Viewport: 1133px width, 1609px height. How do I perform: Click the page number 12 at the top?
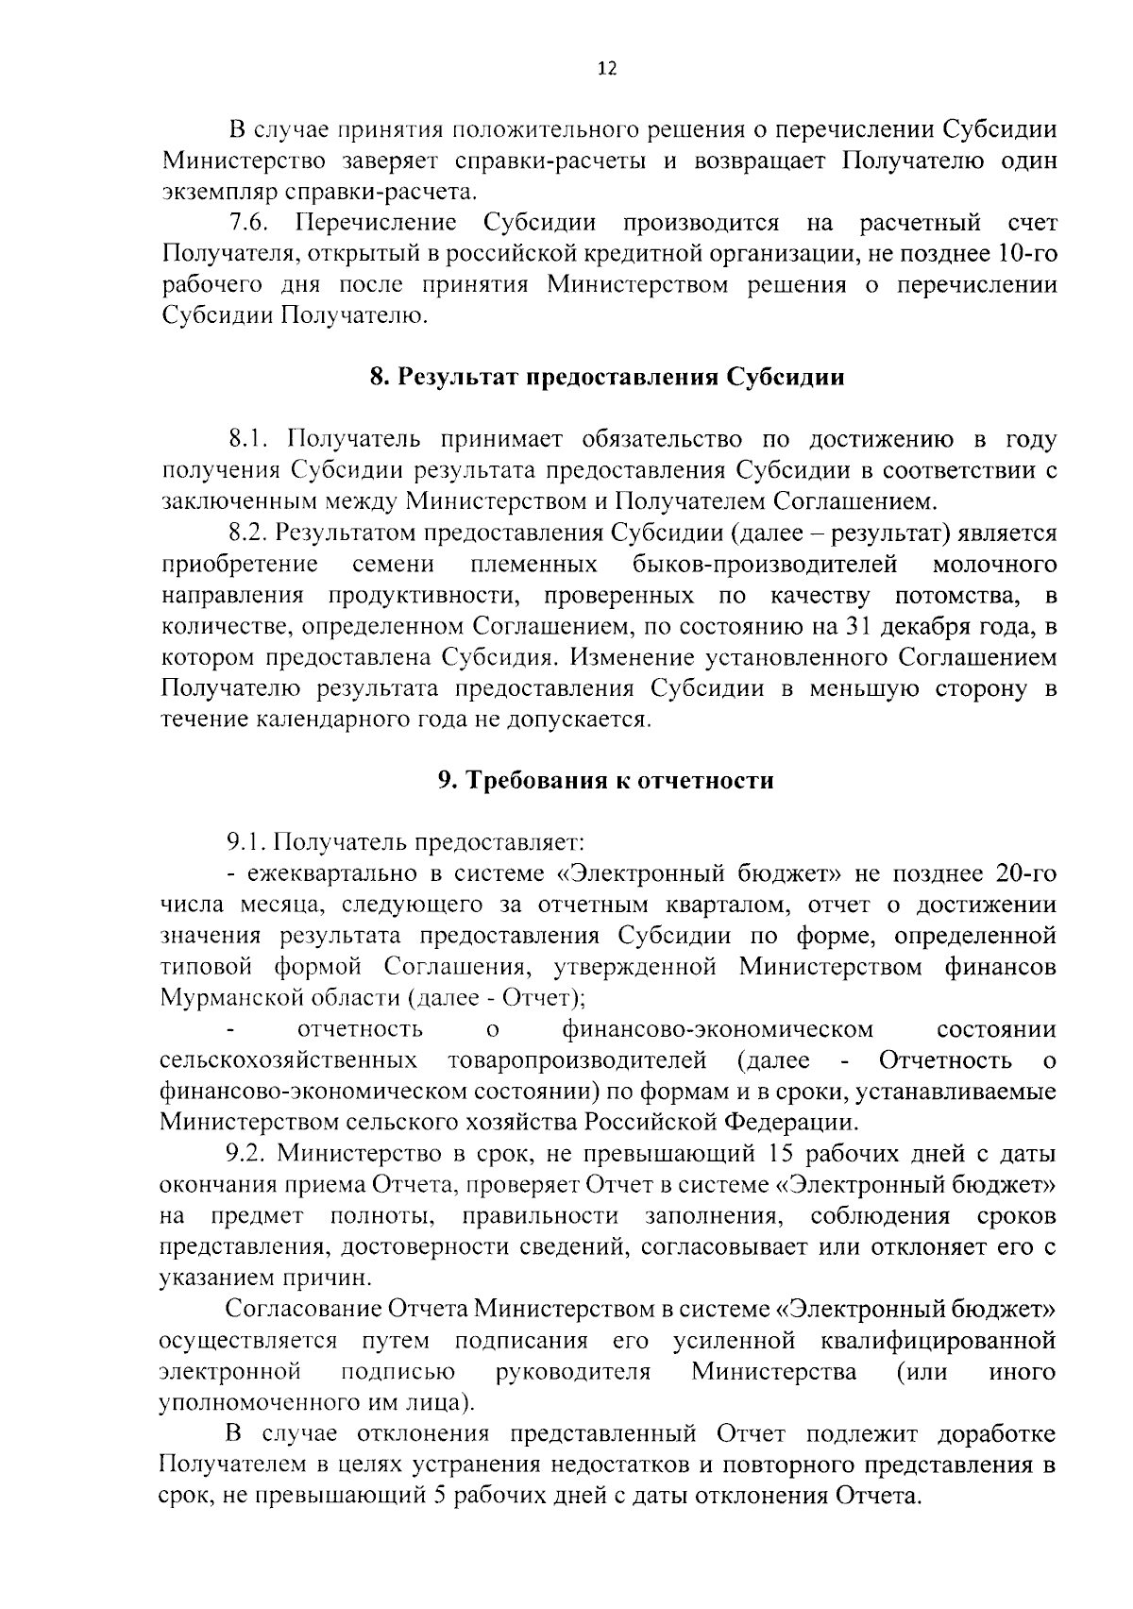click(607, 69)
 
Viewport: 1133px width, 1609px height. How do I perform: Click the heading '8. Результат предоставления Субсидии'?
click(606, 378)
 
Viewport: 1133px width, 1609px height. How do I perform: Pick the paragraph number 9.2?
click(249, 1154)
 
